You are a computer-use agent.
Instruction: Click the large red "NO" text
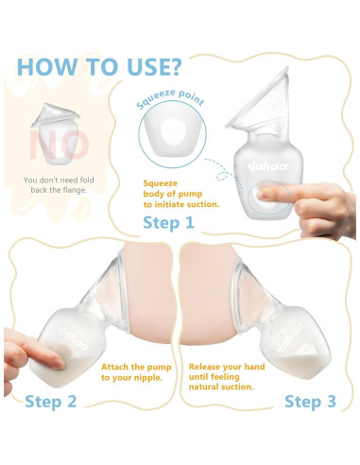[x=59, y=145]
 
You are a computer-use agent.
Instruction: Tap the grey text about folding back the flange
[x=59, y=185]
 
